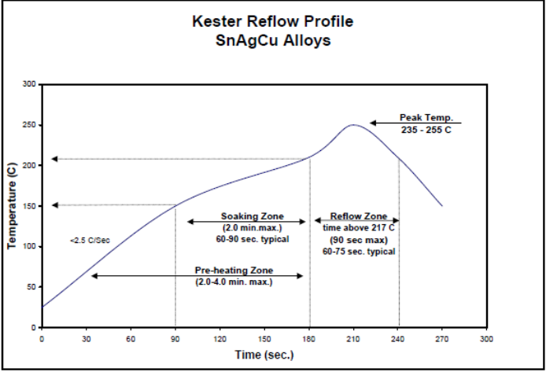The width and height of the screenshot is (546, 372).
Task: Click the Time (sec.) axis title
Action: coord(264,355)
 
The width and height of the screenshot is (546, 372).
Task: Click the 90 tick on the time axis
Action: coord(175,338)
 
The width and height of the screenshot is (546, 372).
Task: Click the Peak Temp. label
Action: coord(426,117)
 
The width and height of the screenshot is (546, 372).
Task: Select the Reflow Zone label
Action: coord(358,216)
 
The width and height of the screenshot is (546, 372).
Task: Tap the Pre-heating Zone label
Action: coord(234,270)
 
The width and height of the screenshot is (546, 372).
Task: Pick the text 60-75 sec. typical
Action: coord(358,252)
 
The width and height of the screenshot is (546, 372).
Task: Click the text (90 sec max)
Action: coord(358,239)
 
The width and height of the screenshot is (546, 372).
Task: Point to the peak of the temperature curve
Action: coord(354,124)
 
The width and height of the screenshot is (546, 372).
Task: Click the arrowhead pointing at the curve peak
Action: coord(374,123)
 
